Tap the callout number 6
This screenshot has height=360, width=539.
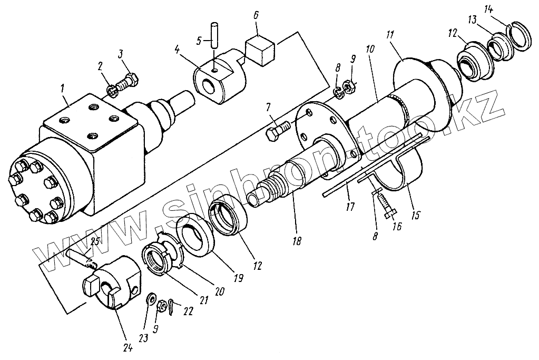[256, 15]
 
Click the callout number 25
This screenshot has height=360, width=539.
[95, 242]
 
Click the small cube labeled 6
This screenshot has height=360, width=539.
[260, 50]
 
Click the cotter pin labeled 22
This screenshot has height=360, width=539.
[174, 307]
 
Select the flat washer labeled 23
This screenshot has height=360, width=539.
[151, 299]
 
